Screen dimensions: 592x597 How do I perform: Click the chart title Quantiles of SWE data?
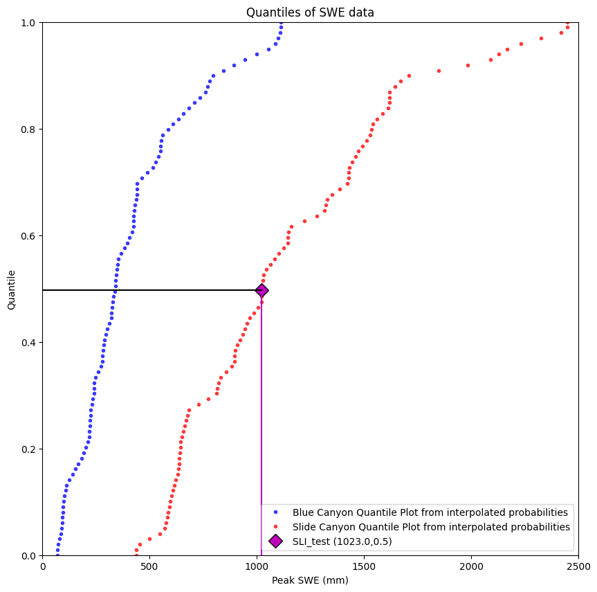(310, 12)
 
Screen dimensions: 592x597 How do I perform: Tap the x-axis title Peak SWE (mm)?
(310, 580)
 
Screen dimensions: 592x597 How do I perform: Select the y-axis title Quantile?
(12, 289)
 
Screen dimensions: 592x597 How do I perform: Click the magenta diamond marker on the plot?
(261, 290)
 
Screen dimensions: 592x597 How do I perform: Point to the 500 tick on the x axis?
(150, 567)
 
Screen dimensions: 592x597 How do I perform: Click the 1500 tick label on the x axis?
(364, 567)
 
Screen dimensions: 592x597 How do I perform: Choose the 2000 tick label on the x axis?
(471, 567)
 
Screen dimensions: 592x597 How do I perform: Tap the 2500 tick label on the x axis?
(578, 567)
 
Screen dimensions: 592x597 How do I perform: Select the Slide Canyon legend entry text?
(431, 527)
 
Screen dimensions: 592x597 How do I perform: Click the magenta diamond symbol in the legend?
(275, 541)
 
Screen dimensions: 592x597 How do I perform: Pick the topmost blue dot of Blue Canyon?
(282, 23)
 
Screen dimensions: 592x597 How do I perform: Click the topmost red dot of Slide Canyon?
(568, 23)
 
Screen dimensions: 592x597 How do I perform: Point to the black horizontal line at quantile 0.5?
(138, 290)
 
